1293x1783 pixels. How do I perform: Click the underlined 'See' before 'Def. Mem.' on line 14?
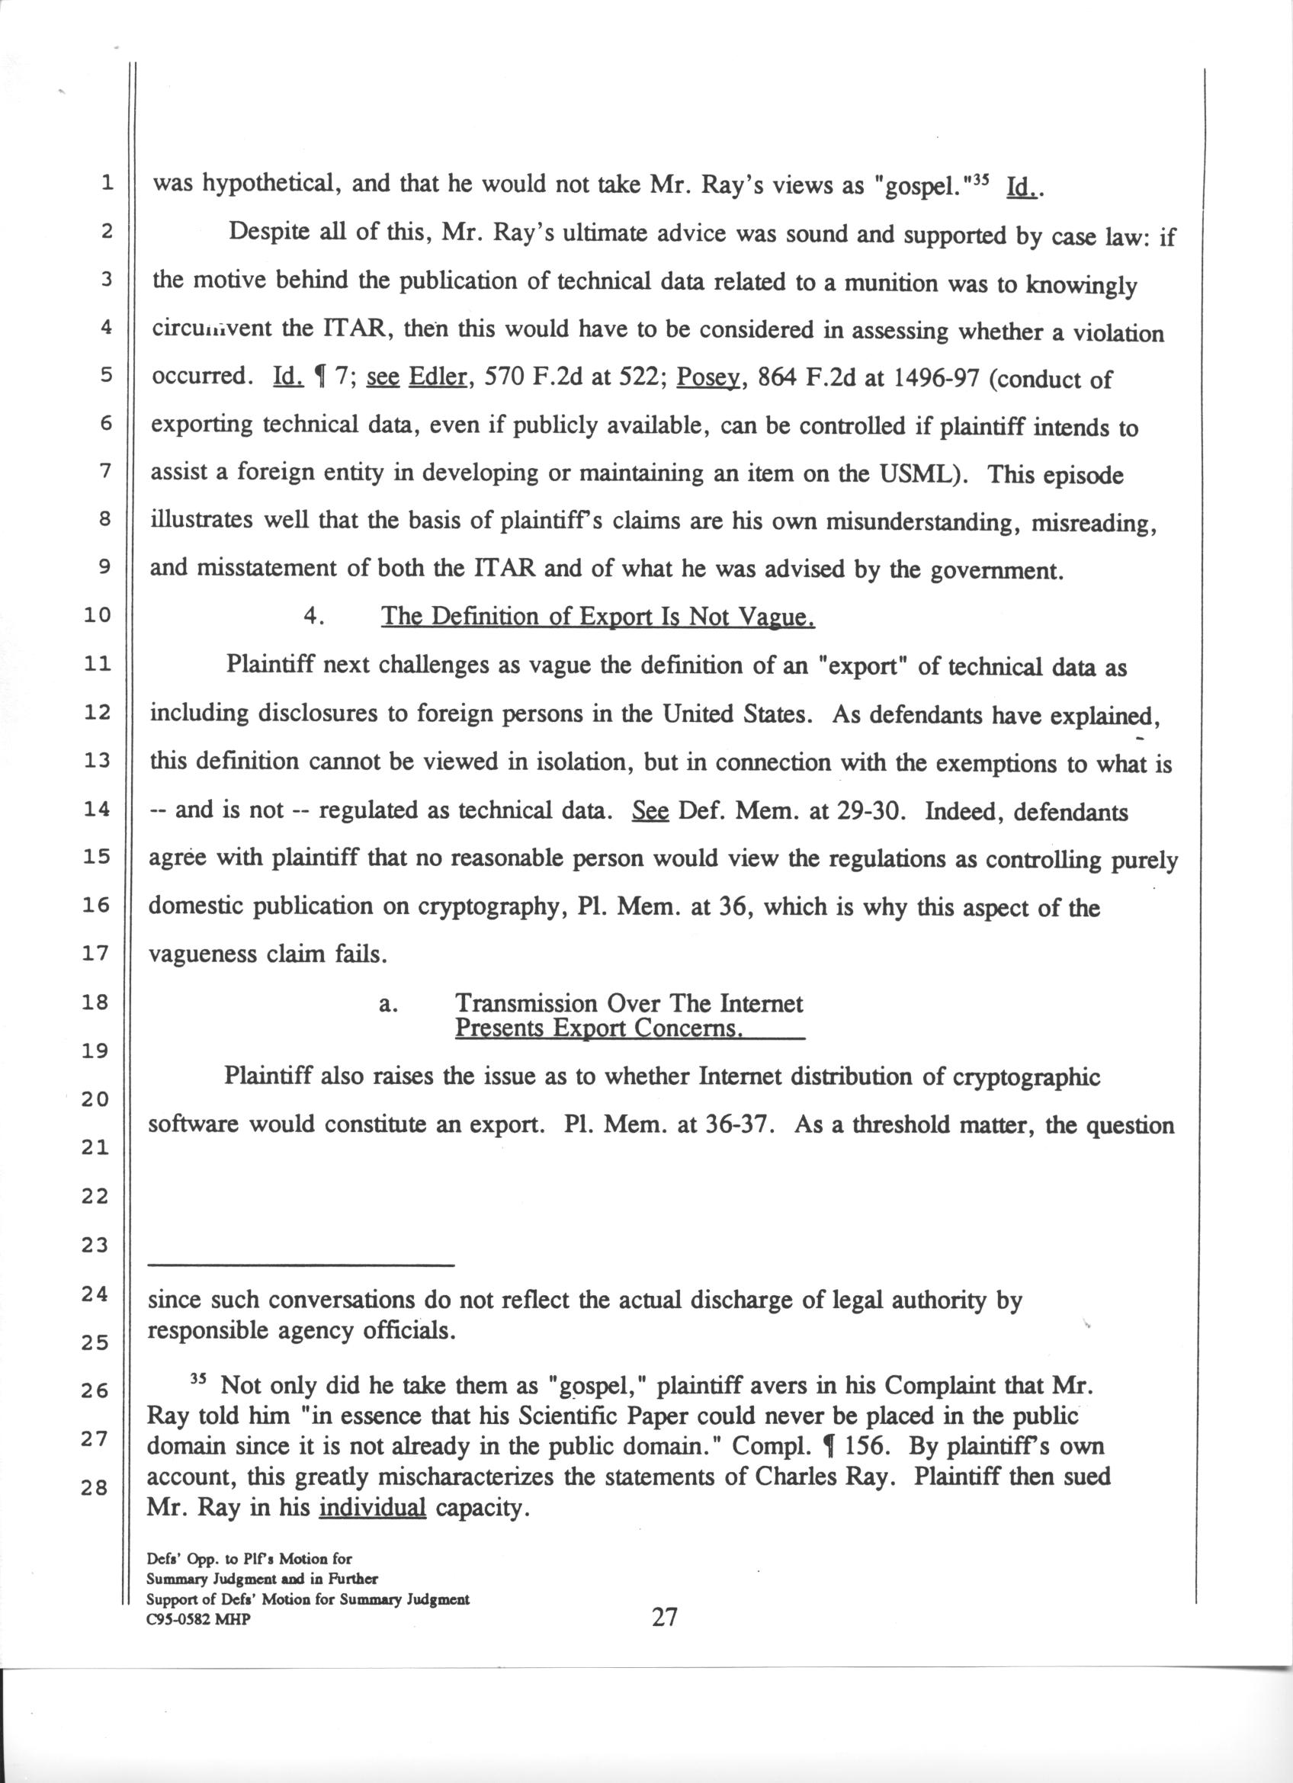point(650,810)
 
